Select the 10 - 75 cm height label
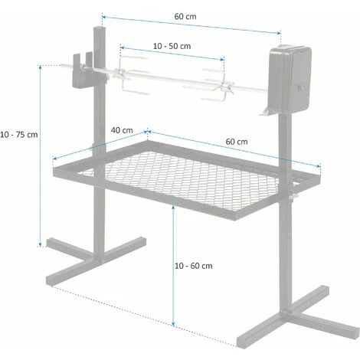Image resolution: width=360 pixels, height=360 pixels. pos(19,134)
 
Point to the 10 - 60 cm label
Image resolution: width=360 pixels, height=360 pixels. pos(193,266)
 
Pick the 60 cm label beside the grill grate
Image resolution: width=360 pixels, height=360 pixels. pos(237,142)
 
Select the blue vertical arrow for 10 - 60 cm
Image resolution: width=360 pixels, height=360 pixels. pos(175,268)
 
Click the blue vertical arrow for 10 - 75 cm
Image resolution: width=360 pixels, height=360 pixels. pos(41,153)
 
